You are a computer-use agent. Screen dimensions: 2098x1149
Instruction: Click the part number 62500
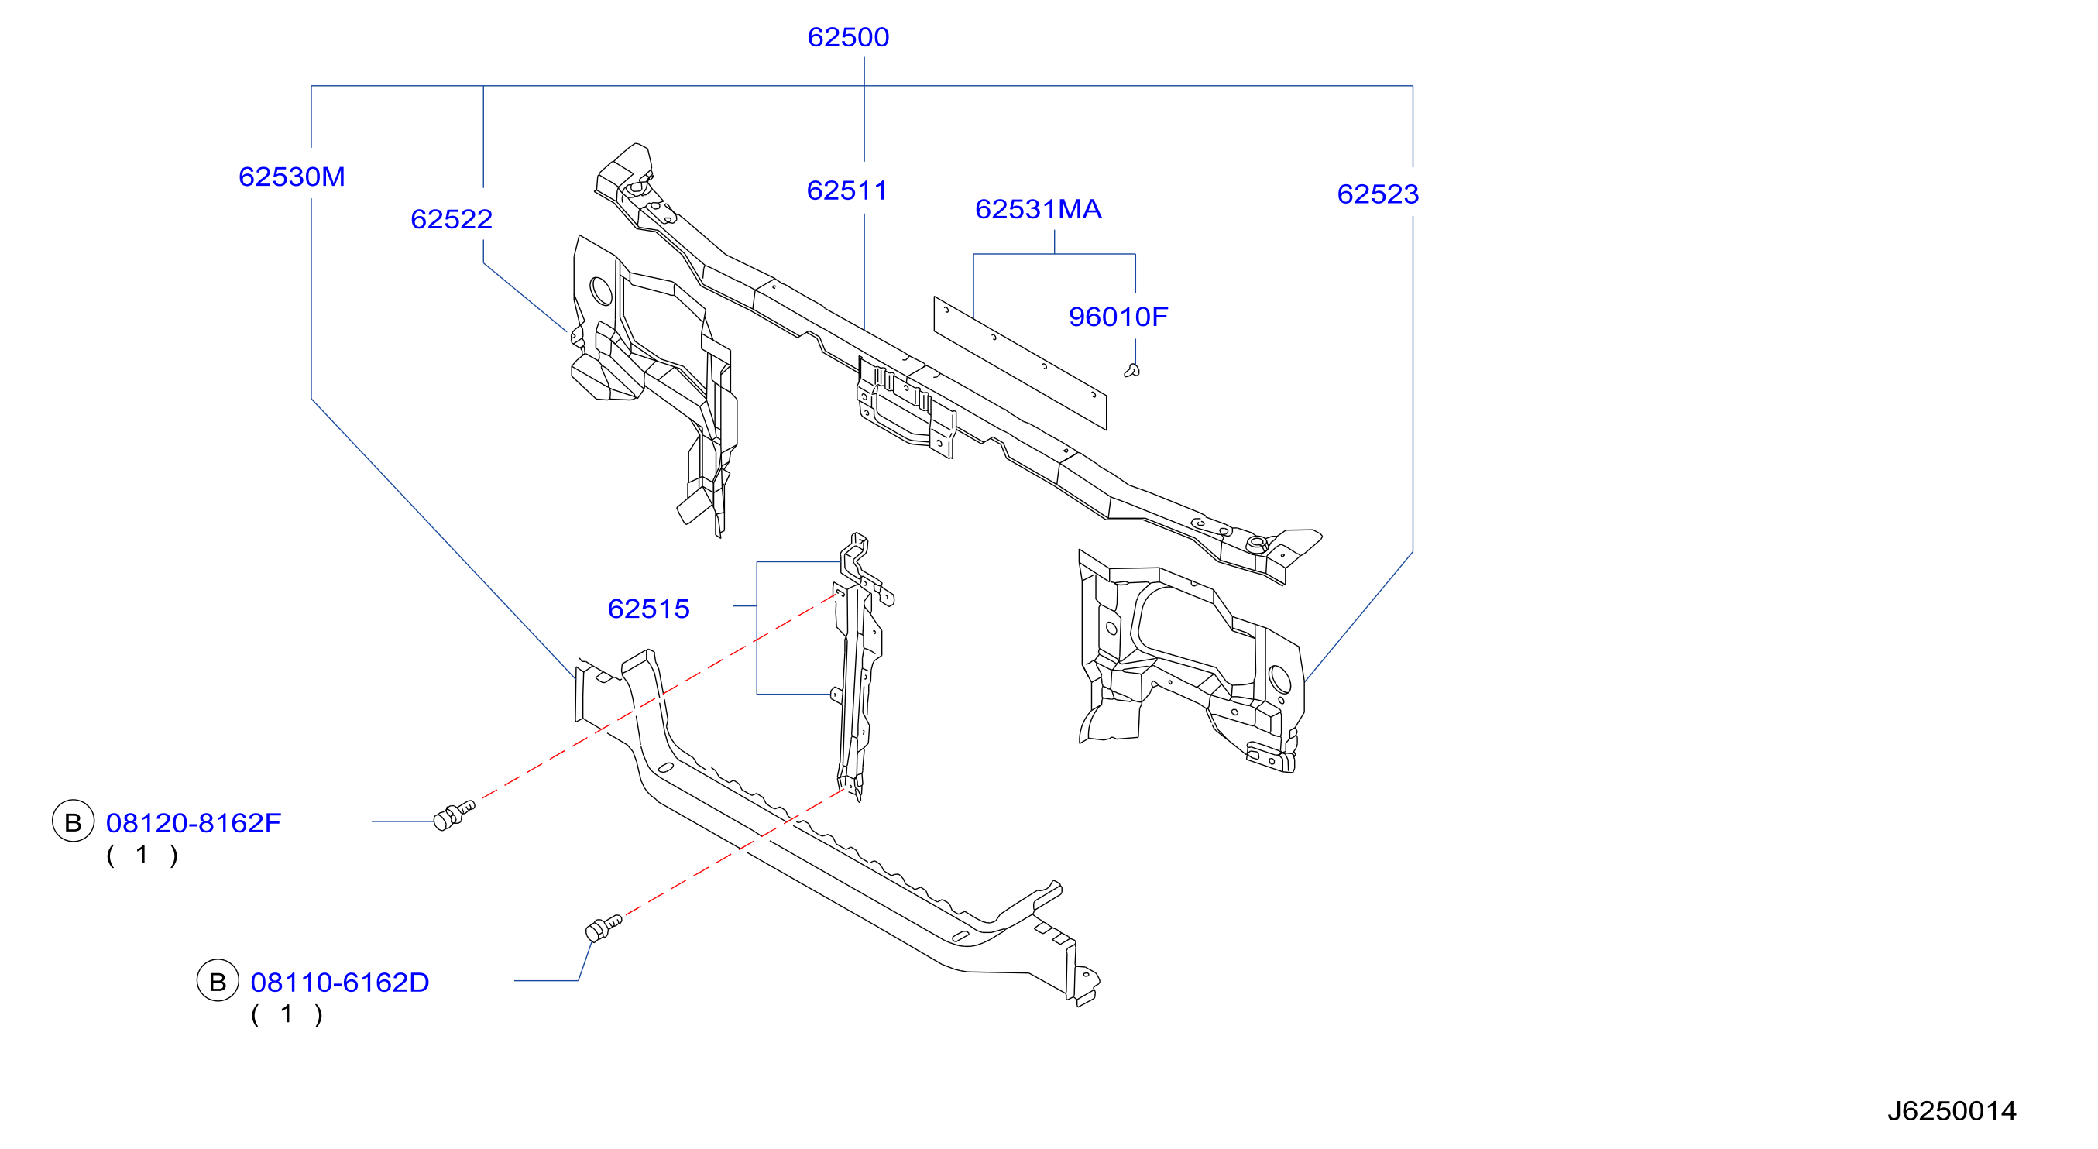[x=848, y=37]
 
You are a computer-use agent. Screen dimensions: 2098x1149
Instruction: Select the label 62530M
[x=291, y=177]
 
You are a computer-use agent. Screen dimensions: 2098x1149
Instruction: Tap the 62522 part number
[x=452, y=219]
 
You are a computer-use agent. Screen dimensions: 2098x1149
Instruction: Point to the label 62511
[x=847, y=190]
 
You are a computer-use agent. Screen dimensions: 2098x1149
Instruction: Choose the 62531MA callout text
[x=1039, y=209]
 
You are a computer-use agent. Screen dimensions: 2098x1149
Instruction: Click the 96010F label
[x=1118, y=317]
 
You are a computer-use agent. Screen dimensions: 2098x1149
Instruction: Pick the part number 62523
[x=1378, y=194]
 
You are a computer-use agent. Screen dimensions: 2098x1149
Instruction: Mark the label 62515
[x=648, y=609]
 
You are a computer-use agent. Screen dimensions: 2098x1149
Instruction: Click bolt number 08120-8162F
[x=193, y=823]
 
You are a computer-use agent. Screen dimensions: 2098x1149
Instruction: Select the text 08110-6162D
[x=340, y=983]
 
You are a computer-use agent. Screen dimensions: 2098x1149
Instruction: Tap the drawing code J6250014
[x=1952, y=1111]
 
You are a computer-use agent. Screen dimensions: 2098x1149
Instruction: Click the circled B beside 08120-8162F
[x=74, y=821]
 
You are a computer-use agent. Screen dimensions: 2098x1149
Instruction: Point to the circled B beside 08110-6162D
[x=218, y=981]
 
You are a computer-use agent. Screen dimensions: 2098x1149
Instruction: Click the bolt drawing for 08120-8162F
[x=454, y=815]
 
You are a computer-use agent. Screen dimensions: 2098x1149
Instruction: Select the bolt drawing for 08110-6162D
[x=603, y=928]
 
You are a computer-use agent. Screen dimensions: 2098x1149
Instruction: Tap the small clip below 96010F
[x=1132, y=372]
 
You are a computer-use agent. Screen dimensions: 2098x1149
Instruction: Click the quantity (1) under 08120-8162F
[x=142, y=856]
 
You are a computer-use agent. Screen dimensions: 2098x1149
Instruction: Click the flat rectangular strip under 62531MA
[x=1020, y=363]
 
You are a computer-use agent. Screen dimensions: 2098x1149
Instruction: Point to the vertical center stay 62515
[x=858, y=667]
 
